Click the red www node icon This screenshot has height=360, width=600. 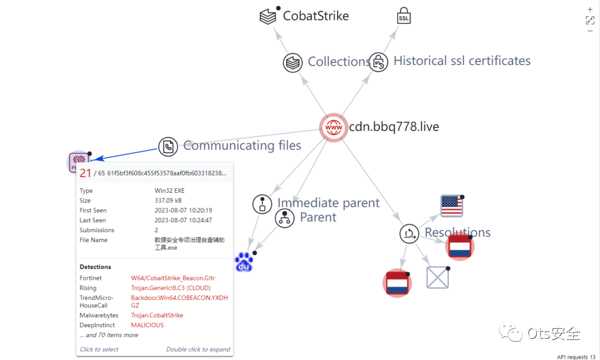[x=333, y=127]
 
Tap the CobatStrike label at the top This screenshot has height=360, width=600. [x=316, y=16]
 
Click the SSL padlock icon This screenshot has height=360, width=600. [x=404, y=16]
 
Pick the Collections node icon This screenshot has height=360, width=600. [x=292, y=62]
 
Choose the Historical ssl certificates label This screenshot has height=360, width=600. [x=462, y=61]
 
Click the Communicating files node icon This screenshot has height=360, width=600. [x=168, y=147]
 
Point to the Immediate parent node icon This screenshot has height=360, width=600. [x=262, y=204]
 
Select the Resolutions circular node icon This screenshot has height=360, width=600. [x=409, y=233]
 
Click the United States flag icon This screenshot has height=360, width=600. [x=451, y=206]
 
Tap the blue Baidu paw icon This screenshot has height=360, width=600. [x=243, y=263]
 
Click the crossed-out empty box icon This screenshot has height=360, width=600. [x=437, y=277]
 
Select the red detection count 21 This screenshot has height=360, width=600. [x=86, y=173]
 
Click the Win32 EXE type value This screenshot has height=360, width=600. [x=169, y=191]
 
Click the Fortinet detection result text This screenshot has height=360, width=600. [x=173, y=278]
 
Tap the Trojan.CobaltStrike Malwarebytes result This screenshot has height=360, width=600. [x=157, y=315]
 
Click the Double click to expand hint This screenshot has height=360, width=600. [x=198, y=349]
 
